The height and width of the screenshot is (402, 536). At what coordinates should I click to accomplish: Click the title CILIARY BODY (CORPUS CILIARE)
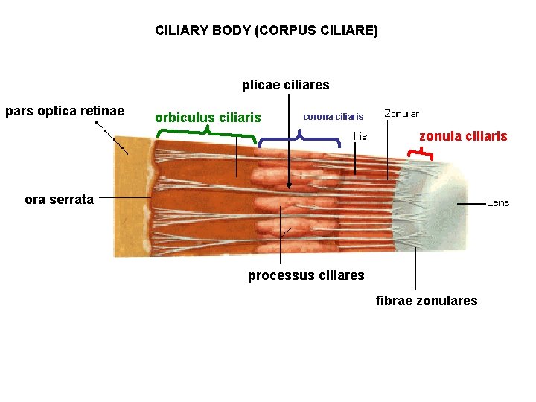click(266, 31)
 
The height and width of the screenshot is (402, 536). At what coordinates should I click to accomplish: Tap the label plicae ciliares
click(285, 85)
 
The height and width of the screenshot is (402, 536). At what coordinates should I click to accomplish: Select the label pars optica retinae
click(64, 112)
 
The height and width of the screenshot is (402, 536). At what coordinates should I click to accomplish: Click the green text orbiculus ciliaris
click(208, 118)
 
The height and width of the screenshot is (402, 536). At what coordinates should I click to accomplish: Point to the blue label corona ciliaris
click(333, 117)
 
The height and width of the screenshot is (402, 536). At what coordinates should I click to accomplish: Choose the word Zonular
click(401, 114)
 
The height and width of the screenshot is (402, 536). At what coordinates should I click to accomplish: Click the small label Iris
click(360, 136)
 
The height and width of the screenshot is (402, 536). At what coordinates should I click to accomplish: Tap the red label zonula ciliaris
click(463, 136)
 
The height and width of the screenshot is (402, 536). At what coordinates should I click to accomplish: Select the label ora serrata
click(59, 199)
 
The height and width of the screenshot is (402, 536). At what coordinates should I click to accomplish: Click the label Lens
click(498, 202)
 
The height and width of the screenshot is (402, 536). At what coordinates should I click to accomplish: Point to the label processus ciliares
click(306, 275)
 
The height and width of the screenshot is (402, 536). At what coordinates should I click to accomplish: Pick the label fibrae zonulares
click(427, 300)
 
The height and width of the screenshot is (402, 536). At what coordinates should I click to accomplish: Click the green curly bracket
click(206, 134)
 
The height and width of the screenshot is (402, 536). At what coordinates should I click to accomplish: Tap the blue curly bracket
click(299, 137)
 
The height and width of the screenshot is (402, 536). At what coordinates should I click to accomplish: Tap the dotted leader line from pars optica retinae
click(112, 137)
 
